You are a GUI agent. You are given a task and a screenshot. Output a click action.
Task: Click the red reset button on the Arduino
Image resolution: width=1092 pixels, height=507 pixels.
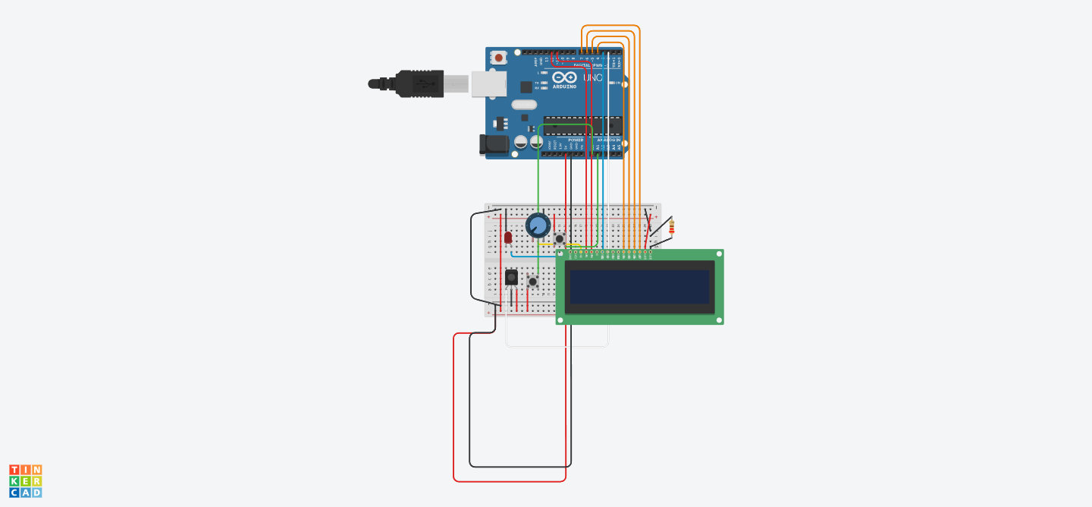point(499,58)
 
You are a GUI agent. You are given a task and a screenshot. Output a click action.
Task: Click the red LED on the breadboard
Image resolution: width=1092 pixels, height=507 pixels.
point(508,237)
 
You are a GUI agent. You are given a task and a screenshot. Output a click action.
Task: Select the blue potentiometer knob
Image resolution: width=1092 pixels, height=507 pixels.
point(538,225)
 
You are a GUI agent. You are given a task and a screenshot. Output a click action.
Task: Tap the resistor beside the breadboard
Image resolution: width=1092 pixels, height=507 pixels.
point(671,226)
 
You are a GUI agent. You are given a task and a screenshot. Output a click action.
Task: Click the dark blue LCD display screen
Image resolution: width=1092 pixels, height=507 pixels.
point(639,287)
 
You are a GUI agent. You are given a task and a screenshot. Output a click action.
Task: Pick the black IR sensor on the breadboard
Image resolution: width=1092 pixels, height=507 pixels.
point(512,278)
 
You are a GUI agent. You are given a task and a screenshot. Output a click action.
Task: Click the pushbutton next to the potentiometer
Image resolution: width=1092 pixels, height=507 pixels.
point(560,238)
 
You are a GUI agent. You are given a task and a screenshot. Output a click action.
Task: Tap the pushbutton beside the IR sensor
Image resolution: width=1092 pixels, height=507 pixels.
point(533,282)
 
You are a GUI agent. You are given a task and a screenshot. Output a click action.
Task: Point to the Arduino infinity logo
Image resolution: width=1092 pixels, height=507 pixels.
point(563,77)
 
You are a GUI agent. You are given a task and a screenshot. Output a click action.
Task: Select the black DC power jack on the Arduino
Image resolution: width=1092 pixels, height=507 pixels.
point(493,144)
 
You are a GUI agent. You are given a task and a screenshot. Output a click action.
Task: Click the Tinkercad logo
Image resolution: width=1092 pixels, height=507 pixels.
point(25,481)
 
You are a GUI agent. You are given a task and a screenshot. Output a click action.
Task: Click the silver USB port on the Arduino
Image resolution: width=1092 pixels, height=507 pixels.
point(483,84)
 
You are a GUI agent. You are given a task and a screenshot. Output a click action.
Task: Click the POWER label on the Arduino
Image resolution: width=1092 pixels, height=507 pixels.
point(576,140)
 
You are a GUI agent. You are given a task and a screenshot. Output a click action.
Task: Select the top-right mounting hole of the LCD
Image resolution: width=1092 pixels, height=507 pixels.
point(719,255)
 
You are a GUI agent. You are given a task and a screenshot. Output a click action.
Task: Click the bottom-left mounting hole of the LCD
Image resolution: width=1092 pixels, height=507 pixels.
point(560,320)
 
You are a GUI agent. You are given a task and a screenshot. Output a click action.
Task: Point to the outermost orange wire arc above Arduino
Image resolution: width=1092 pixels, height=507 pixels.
point(610,26)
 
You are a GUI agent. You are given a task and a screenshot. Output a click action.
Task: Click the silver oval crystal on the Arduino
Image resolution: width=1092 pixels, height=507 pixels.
point(524,105)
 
